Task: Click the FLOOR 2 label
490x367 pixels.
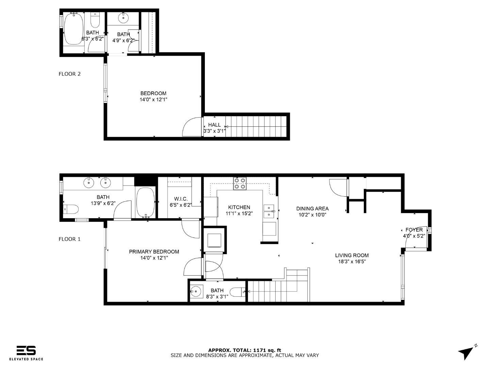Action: tap(69, 74)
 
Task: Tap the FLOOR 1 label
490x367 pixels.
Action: tap(69, 239)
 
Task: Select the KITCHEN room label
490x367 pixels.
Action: tap(239, 207)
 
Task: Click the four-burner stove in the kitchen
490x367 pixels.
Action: tap(240, 183)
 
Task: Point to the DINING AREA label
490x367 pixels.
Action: tap(312, 209)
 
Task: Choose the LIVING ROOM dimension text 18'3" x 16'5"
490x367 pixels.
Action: tap(352, 262)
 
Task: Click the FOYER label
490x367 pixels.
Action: tap(414, 230)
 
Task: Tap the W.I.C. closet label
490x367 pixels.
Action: tap(181, 199)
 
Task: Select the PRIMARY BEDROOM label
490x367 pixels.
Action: tap(154, 251)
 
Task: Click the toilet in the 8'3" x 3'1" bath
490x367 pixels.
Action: tap(238, 292)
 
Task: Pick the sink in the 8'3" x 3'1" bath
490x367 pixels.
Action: tap(196, 291)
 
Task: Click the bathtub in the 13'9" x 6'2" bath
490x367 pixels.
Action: tap(145, 202)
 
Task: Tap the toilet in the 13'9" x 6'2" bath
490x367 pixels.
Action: tap(71, 209)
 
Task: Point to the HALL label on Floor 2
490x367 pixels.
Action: tap(214, 125)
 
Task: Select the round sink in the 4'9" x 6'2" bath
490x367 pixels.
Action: tap(123, 18)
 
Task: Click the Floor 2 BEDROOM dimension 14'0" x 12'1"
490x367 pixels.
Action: tap(153, 100)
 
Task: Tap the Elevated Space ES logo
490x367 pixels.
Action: tap(26, 350)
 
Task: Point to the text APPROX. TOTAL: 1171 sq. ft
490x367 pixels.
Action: tap(245, 350)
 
